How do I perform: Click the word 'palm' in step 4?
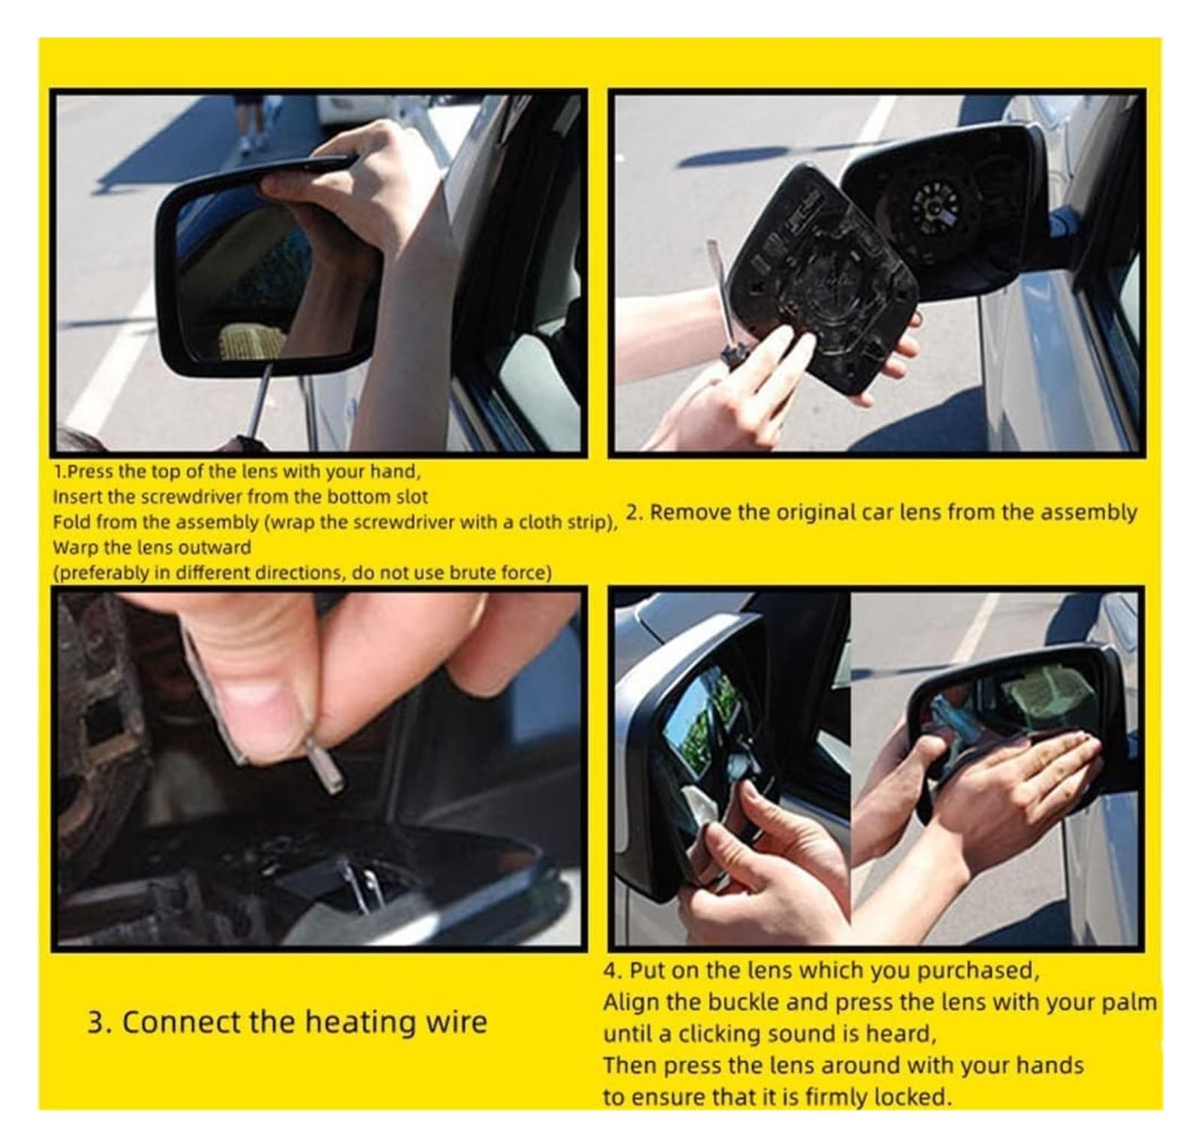tap(1130, 1003)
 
